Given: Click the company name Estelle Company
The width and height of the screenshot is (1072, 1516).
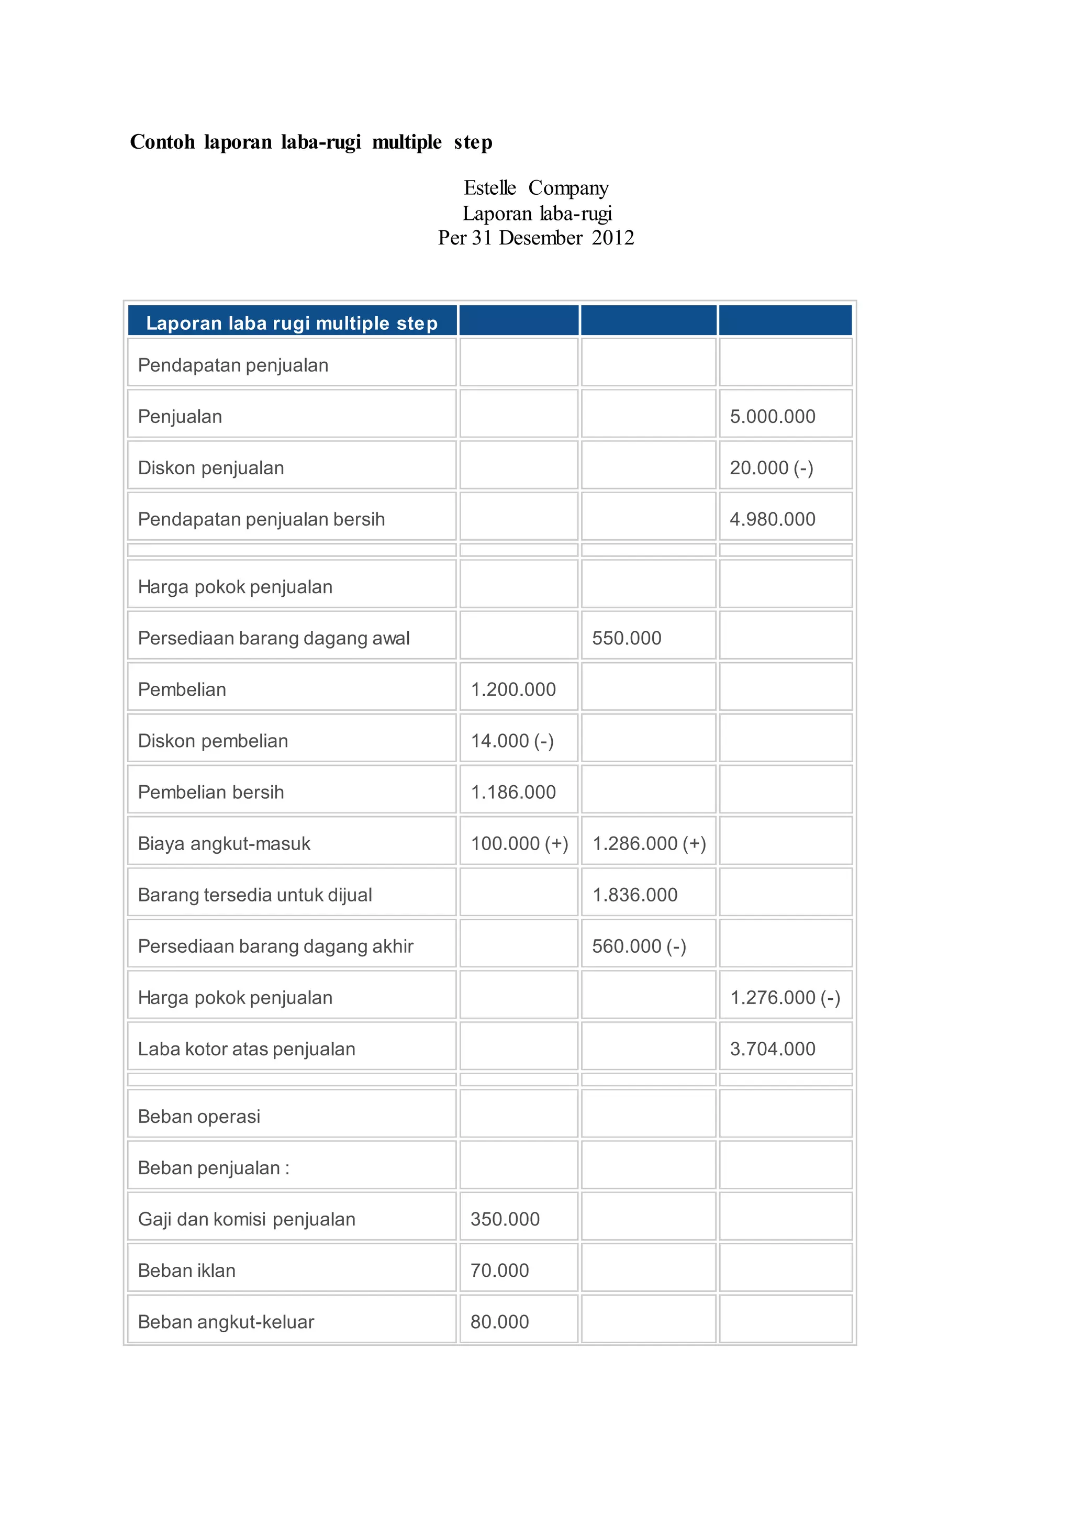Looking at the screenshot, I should (535, 188).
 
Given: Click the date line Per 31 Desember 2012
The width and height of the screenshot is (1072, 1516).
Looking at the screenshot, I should (535, 238).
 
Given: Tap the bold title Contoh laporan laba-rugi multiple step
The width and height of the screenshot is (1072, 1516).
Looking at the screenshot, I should (311, 142).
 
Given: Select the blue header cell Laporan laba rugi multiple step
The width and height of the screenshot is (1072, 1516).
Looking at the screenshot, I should (291, 323).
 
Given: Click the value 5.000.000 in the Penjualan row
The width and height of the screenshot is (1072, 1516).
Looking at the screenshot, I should (772, 417).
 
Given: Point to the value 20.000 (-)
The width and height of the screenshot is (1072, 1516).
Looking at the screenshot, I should (770, 468).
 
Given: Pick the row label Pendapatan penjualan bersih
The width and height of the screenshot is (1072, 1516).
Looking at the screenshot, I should (261, 520).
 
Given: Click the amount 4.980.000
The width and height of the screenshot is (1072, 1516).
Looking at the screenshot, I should (772, 520).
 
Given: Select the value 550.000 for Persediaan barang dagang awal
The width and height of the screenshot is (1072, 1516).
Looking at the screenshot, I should (626, 639).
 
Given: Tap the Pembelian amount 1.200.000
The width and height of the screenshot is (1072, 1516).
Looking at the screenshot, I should (513, 690).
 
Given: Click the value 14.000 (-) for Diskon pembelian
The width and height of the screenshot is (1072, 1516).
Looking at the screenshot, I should (511, 741).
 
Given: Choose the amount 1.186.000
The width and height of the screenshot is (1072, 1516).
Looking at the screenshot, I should (513, 793).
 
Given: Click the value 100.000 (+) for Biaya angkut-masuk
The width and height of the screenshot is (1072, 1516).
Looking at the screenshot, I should (519, 844).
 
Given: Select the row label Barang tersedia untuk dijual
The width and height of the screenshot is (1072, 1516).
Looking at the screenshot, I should (255, 895).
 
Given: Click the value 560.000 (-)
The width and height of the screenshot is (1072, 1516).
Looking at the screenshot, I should (638, 947).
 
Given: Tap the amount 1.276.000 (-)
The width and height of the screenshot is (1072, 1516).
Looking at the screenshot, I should (784, 998).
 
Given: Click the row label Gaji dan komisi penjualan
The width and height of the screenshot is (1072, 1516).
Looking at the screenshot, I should (246, 1220).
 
